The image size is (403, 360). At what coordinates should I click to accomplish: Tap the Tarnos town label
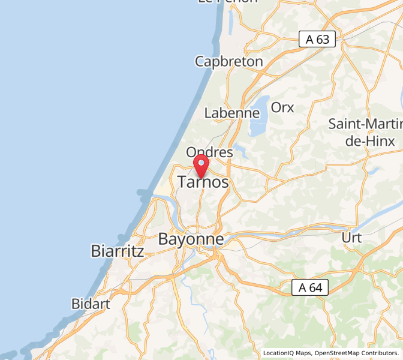coord(203,182)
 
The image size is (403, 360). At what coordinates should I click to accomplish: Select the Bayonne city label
coord(191,239)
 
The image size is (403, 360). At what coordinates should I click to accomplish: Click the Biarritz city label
coord(118,251)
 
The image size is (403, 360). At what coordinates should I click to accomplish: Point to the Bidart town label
coord(91,304)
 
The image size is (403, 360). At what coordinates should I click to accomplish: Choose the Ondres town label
coord(209,152)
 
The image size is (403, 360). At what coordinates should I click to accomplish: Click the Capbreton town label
coord(228,61)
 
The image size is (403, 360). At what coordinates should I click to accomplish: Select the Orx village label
coord(282,107)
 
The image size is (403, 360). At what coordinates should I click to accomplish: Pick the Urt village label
coord(351,238)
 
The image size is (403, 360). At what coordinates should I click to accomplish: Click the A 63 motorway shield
coord(317,40)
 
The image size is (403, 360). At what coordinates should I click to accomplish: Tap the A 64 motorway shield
coord(310,288)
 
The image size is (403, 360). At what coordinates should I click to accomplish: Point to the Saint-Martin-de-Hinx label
coord(365,132)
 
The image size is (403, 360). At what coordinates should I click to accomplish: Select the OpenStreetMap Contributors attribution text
coord(357,353)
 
